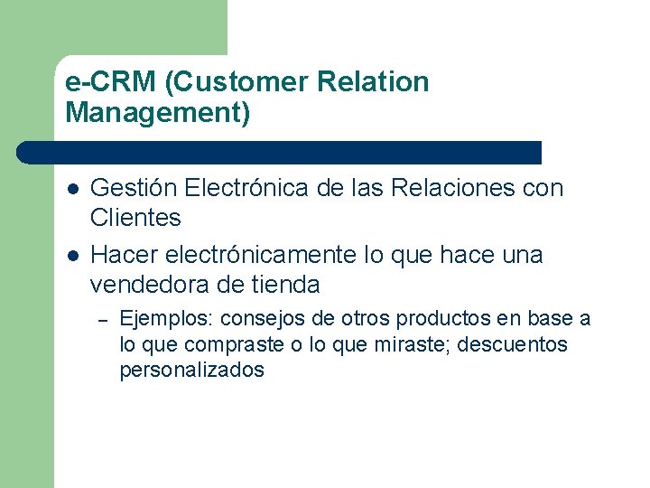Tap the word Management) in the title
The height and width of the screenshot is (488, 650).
[x=158, y=113]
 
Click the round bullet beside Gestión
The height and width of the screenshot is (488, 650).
[x=72, y=189]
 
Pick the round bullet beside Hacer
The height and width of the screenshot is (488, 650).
[x=72, y=256]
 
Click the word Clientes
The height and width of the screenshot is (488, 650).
[x=135, y=218]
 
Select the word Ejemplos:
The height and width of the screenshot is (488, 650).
[x=167, y=319]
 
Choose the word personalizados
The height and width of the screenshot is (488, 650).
[x=192, y=370]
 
